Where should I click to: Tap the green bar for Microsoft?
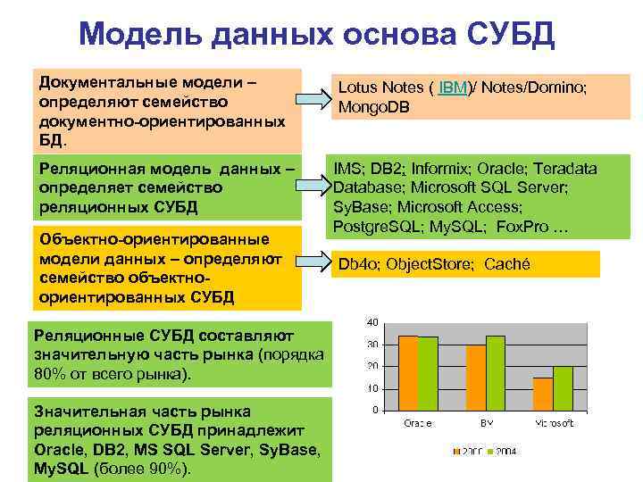coord(563,388)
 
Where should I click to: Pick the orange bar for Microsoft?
coord(542,394)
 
